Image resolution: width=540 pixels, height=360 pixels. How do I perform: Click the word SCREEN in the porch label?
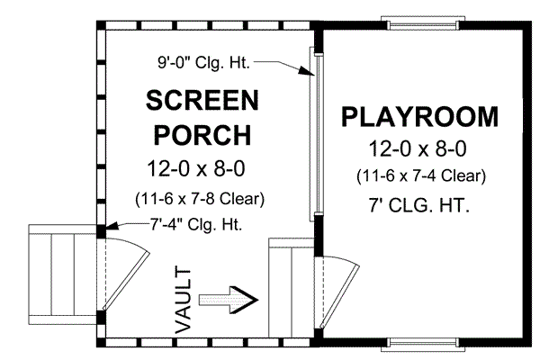pyautogui.click(x=202, y=100)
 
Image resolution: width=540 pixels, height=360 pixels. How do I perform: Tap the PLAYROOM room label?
pyautogui.click(x=418, y=118)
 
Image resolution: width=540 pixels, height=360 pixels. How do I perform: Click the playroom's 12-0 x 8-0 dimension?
pyautogui.click(x=419, y=148)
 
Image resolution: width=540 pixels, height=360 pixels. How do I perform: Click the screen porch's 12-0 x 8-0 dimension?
pyautogui.click(x=202, y=168)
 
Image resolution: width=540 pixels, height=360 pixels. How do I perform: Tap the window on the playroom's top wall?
pyautogui.click(x=420, y=20)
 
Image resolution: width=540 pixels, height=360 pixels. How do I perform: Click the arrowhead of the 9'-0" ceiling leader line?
pyautogui.click(x=307, y=76)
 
